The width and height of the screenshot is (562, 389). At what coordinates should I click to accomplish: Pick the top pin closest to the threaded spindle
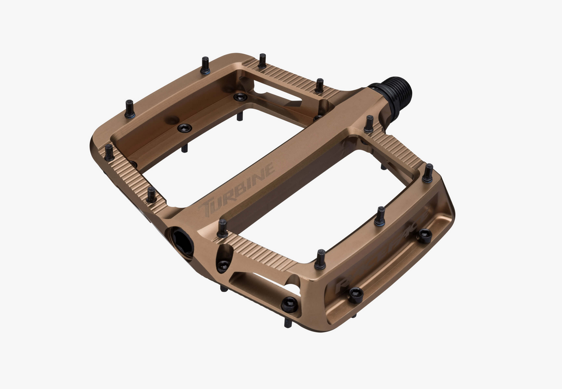coord(369,124)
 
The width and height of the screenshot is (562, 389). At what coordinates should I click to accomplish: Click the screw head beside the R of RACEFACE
coord(356,295)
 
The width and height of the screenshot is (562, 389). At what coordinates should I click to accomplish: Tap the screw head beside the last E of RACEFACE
coord(424,236)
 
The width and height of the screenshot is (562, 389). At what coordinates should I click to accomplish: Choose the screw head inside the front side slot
coord(289,304)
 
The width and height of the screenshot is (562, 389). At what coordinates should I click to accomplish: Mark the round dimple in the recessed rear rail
coord(173,120)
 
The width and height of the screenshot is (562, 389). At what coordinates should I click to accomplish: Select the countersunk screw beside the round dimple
coord(184,128)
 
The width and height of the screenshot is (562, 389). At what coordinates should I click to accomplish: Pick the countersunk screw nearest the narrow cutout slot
coord(240,97)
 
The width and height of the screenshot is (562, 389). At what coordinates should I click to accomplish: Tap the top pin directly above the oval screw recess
coord(222,228)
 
